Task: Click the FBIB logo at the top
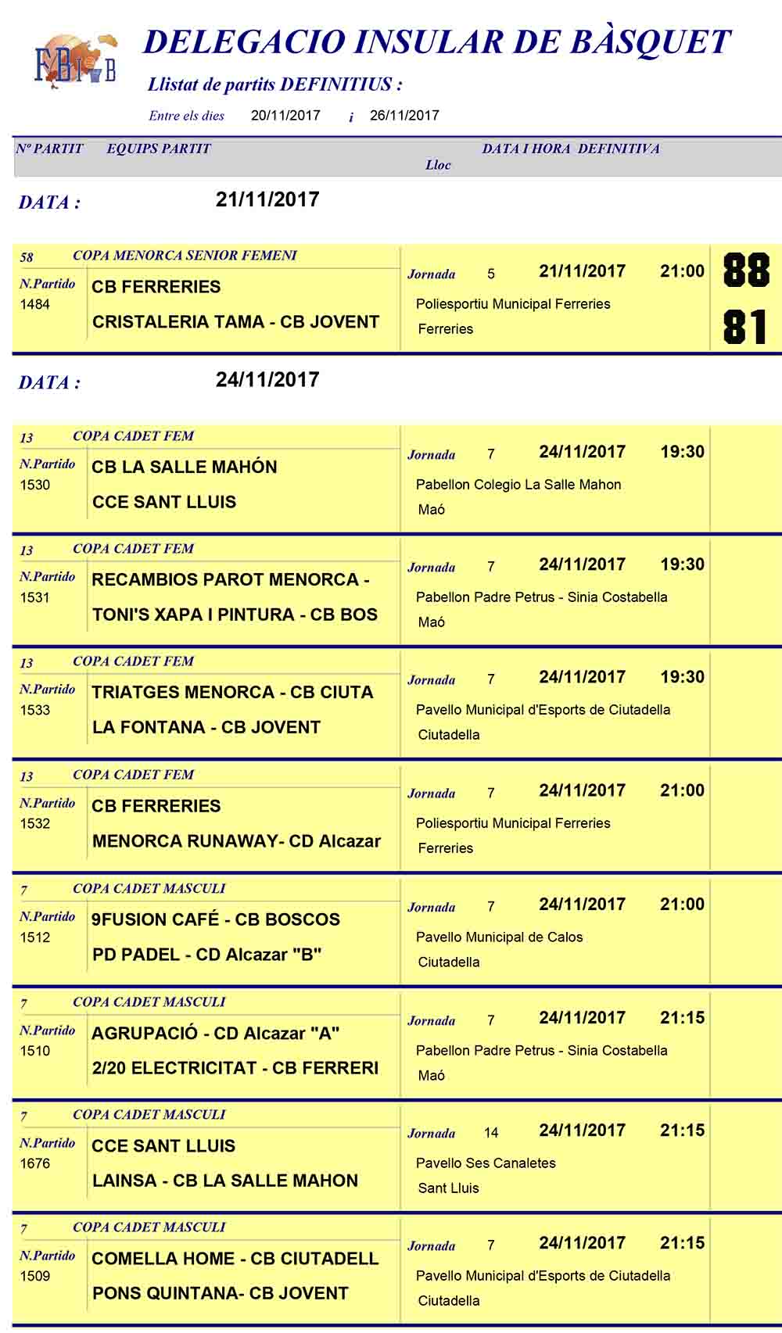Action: click(x=75, y=60)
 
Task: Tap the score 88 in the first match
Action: click(x=746, y=271)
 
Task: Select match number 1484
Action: click(x=35, y=304)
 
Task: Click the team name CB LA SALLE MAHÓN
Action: click(x=184, y=467)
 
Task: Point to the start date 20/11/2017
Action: click(x=285, y=116)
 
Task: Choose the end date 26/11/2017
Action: click(x=404, y=116)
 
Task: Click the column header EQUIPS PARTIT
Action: click(x=159, y=149)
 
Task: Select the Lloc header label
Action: click(x=438, y=165)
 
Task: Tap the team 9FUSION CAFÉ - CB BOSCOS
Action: click(x=216, y=919)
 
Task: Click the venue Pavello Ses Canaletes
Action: click(x=486, y=1163)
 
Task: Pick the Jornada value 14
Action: click(x=491, y=1133)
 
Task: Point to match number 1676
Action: click(x=35, y=1163)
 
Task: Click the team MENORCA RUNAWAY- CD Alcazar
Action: click(x=236, y=841)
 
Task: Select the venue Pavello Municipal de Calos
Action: click(x=499, y=937)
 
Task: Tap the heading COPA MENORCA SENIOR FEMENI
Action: click(x=185, y=255)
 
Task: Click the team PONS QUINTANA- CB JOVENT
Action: click(x=220, y=1293)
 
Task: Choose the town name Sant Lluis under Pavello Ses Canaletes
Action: click(x=448, y=1188)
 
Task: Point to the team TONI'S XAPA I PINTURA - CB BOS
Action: click(x=235, y=615)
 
